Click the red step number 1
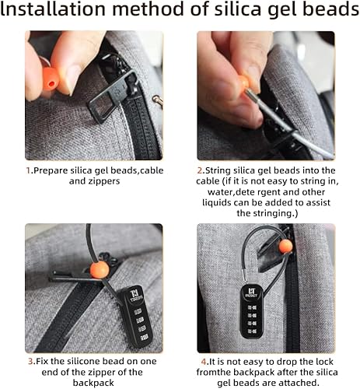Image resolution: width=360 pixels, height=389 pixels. coord(28,170)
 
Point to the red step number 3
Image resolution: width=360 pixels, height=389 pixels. coord(28,361)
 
